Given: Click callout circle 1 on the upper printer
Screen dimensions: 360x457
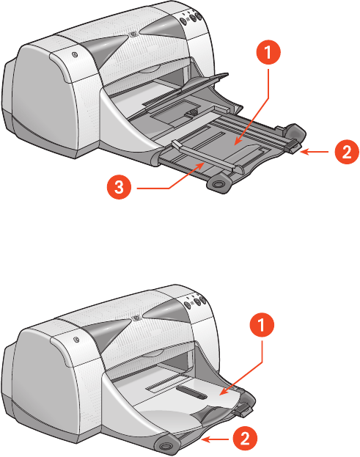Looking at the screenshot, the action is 268,53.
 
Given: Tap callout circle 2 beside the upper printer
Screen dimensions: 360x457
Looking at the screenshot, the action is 347,152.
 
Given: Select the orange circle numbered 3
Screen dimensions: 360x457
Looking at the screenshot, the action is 120,187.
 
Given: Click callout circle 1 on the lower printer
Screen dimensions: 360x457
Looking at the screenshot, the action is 262,325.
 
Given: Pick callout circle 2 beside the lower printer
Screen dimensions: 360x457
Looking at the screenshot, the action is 245,439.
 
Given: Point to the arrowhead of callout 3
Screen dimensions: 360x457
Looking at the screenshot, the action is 201,165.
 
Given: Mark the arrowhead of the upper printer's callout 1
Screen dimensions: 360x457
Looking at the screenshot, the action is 237,142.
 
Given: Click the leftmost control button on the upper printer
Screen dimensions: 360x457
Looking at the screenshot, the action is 183,21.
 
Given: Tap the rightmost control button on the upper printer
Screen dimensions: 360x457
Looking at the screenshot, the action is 198,15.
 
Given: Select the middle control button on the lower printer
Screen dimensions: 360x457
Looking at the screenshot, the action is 196,301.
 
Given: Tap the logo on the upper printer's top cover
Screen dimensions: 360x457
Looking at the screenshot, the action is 133,34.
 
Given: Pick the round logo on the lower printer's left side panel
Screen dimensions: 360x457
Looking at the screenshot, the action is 76,340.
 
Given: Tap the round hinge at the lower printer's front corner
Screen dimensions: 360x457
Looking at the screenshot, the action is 166,446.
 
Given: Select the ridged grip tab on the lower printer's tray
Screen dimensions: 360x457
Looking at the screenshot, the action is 243,411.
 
